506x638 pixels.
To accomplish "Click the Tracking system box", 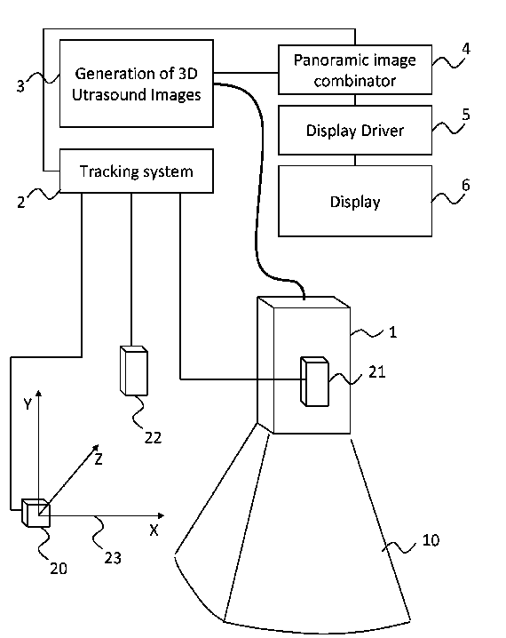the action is [137, 171].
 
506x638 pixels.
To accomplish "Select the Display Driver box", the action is [355, 131].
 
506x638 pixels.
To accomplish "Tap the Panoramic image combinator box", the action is [355, 69].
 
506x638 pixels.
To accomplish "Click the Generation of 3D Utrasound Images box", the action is [137, 84].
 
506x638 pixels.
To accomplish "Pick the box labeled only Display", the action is [355, 201].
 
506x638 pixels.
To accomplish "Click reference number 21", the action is [376, 372].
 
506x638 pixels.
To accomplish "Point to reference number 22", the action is [154, 438].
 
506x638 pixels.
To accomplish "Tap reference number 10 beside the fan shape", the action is [431, 540].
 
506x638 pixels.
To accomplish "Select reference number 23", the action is [113, 558].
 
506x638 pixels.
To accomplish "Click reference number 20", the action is [59, 569].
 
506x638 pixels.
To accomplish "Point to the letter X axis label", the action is [154, 530].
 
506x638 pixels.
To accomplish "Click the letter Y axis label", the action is [28, 404].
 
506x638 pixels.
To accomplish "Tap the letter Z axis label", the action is [99, 459].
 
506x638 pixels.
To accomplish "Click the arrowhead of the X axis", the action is [161, 516].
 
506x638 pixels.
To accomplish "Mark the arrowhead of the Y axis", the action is [38, 393].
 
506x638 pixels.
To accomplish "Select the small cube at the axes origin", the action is [36, 513].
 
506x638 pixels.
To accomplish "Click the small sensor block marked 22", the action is [134, 371].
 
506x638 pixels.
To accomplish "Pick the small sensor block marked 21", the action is [314, 382].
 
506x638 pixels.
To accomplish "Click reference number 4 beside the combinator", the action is [466, 49].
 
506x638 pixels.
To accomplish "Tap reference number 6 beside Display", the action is [466, 185].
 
